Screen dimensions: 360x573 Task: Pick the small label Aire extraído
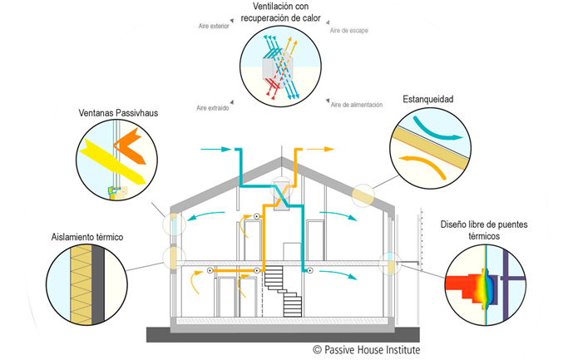pyautogui.click(x=213, y=107)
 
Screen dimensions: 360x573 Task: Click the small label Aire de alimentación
pyautogui.click(x=356, y=105)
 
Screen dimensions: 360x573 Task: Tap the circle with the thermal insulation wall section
pyautogui.click(x=82, y=286)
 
